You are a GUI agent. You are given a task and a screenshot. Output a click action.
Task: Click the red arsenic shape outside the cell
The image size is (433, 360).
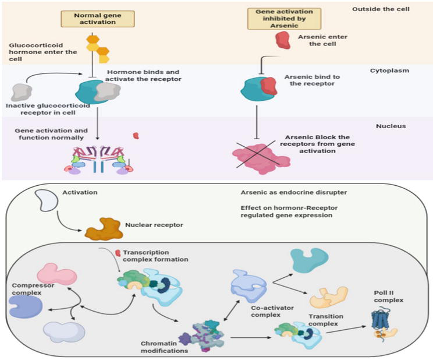pos(282,40)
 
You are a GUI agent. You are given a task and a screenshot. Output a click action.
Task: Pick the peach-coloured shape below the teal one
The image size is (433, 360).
pos(329,298)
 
